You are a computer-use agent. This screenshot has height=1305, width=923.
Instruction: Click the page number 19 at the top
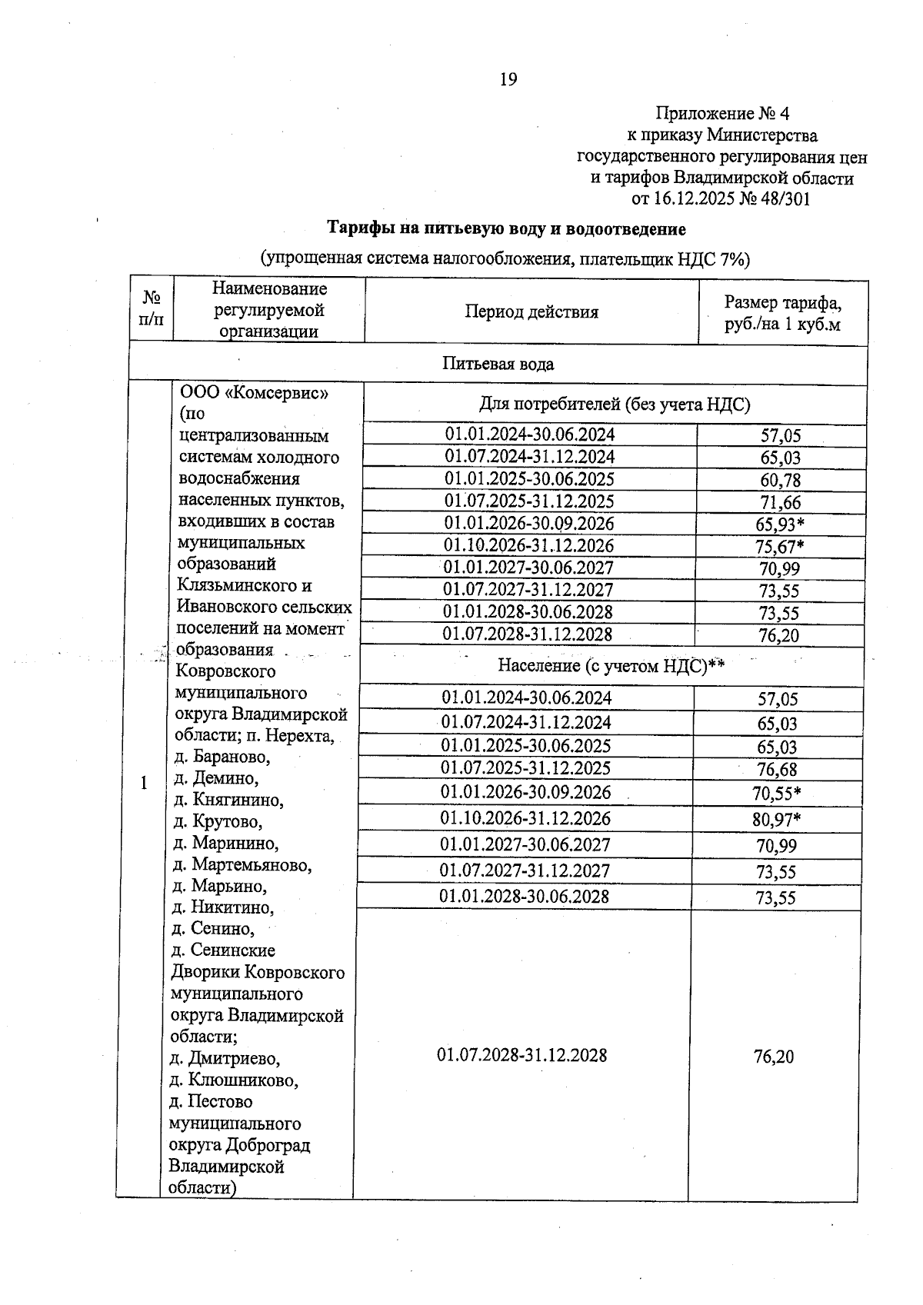[508, 79]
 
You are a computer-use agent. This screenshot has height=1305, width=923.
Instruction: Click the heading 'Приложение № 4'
[721, 114]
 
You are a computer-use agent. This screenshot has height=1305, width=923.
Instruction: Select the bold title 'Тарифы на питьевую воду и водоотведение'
[506, 228]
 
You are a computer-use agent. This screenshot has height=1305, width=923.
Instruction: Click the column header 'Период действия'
[531, 311]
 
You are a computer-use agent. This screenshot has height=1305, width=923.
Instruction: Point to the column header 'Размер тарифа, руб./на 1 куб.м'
[782, 312]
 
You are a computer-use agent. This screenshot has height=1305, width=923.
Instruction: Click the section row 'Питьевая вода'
[498, 364]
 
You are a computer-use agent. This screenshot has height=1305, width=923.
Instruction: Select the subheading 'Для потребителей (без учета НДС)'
[615, 404]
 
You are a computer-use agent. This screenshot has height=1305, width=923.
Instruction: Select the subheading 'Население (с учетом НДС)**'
[611, 664]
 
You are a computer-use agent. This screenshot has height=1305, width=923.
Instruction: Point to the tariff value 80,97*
[777, 820]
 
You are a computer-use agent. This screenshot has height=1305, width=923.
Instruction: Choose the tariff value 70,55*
[777, 794]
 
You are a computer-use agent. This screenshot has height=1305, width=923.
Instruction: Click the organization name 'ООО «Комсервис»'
[255, 393]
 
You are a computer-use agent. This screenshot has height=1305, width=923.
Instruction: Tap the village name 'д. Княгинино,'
[228, 800]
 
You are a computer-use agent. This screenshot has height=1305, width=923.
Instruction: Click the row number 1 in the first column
[143, 784]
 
